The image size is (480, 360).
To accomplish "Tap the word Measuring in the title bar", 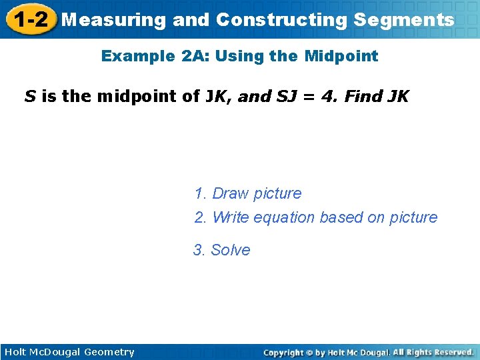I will (x=113, y=20).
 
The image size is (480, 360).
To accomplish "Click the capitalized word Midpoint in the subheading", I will (x=341, y=56).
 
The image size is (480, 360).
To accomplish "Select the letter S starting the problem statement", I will (x=30, y=97).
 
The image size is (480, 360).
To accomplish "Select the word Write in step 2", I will (x=230, y=217).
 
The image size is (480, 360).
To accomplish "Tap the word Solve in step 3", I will (x=231, y=250).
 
